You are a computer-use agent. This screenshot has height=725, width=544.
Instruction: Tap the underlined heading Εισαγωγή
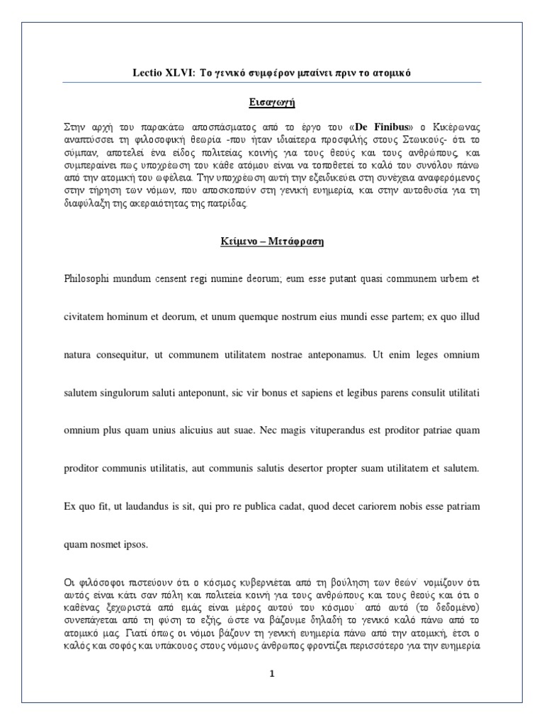(271, 101)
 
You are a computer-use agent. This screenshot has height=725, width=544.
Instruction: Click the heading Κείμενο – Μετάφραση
(271, 241)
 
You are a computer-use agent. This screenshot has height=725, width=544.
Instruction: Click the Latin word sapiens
(302, 392)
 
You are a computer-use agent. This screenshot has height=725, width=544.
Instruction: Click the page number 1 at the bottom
(271, 674)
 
